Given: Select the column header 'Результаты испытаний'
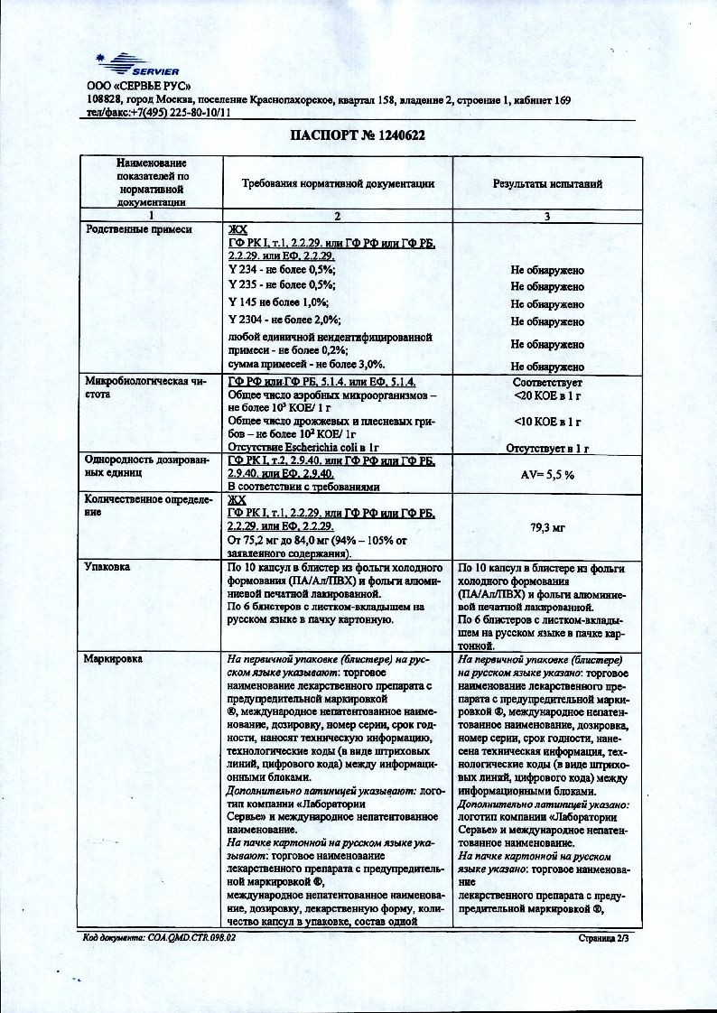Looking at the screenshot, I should pyautogui.click(x=547, y=183).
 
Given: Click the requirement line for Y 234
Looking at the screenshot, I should pyautogui.click(x=283, y=270).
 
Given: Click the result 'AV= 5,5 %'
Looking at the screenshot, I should pyautogui.click(x=547, y=474).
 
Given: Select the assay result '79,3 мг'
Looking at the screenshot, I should pyautogui.click(x=548, y=525).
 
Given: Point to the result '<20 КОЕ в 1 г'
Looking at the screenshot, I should pyautogui.click(x=547, y=395).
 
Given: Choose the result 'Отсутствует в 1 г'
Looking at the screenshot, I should pyautogui.click(x=547, y=447).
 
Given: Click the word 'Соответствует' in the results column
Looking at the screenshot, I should pyautogui.click(x=547, y=383).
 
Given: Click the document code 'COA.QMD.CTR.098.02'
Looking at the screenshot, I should pyautogui.click(x=190, y=938).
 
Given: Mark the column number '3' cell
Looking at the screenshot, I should pyautogui.click(x=547, y=217).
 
